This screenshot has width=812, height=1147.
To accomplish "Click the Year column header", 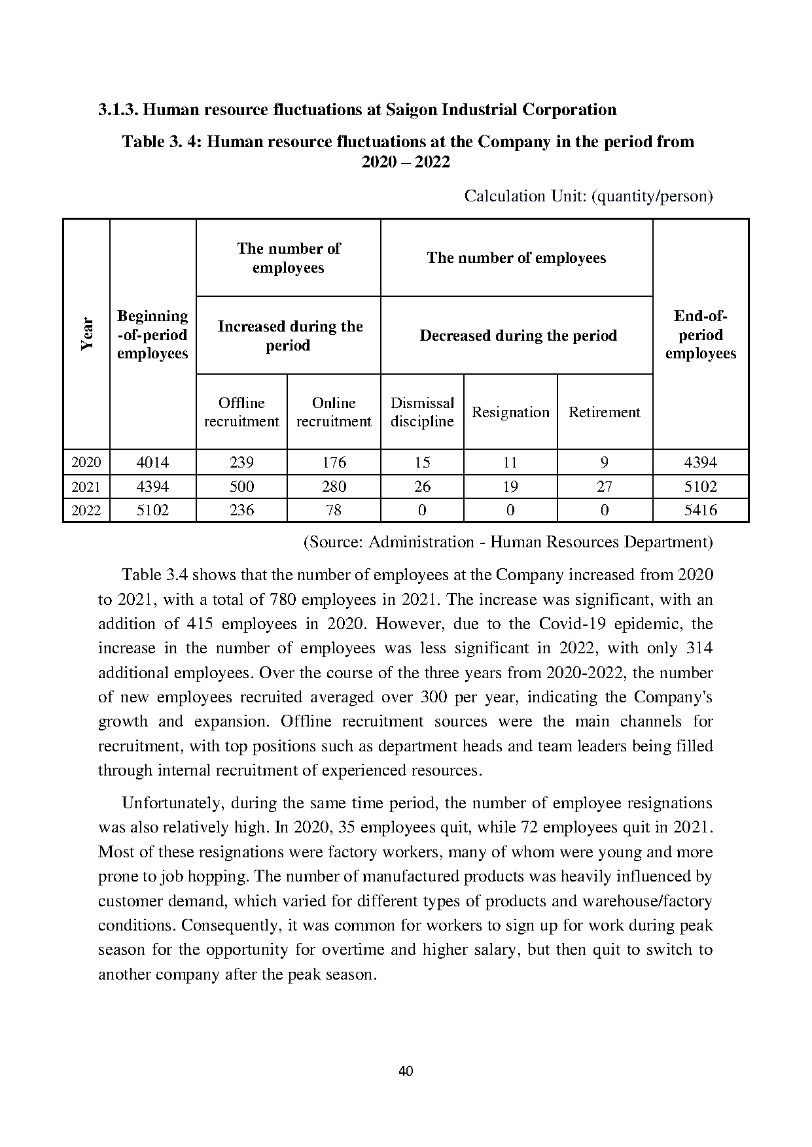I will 87,334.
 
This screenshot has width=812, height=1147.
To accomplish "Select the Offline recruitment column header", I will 241,412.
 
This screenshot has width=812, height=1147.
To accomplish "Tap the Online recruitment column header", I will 334,412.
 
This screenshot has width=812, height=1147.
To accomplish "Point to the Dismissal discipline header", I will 422,412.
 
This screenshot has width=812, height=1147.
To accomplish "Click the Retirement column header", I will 604,412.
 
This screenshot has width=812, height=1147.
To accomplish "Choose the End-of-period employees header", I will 700,335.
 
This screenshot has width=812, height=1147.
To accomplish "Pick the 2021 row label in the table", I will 86,487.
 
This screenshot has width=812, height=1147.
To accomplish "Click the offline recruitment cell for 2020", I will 241,462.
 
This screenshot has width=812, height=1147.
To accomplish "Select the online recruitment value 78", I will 334,510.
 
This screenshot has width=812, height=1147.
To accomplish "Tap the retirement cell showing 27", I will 604,487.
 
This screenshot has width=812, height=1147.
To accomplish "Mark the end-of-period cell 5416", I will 700,510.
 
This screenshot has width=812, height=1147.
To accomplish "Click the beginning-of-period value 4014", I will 152,462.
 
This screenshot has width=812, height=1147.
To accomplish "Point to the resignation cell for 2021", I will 510,487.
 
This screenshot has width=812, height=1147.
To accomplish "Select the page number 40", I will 406,1071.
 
